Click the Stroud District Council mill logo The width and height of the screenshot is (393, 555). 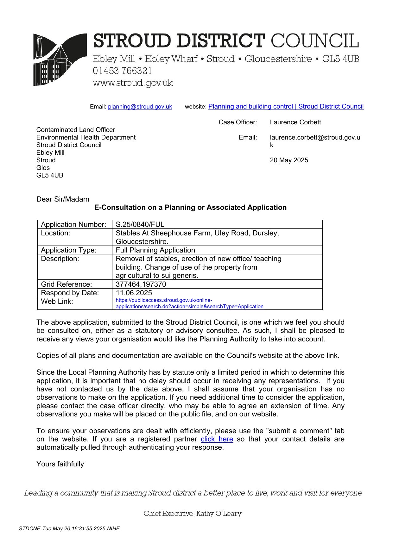click(x=60, y=59)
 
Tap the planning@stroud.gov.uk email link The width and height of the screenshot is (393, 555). click(x=140, y=107)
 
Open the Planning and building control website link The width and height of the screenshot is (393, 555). click(x=286, y=106)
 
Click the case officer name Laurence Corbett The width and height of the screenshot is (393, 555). click(x=295, y=122)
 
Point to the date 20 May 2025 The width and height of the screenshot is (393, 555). click(x=289, y=160)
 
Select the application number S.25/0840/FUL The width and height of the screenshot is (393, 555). click(x=140, y=224)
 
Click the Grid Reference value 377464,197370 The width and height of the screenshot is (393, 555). click(x=141, y=284)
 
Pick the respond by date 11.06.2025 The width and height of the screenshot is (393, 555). click(x=134, y=293)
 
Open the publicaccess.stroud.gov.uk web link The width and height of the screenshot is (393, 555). click(x=189, y=303)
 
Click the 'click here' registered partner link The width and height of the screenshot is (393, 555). click(x=217, y=439)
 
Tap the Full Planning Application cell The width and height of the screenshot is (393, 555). click(x=155, y=250)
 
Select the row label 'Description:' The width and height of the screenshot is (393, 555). click(x=60, y=259)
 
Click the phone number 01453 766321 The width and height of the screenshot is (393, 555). click(x=122, y=71)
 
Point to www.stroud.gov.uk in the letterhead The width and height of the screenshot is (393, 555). click(x=133, y=83)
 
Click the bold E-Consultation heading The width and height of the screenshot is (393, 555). click(x=190, y=207)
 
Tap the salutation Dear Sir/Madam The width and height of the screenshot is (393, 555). click(x=63, y=199)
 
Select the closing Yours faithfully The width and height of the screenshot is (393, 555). click(x=60, y=464)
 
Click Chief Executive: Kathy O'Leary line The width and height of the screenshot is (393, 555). click(x=193, y=513)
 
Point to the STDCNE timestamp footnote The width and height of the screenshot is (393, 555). click(x=69, y=528)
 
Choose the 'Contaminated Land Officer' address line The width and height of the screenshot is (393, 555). click(x=76, y=130)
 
